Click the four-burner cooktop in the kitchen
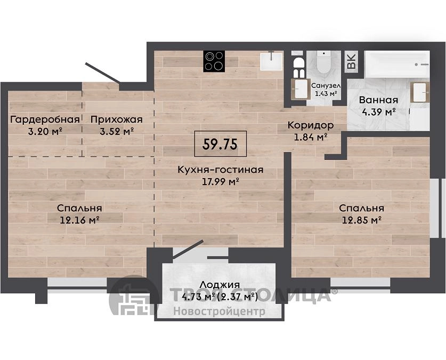pos(214,61)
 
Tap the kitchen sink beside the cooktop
pos(271,61)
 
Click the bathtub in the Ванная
pos(397,65)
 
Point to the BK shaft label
pos(352,62)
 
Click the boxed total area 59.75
pos(220,143)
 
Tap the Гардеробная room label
pos(45,119)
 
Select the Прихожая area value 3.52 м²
pos(117,132)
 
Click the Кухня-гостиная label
pos(221,170)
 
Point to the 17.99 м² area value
pos(220,181)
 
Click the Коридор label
pos(310,125)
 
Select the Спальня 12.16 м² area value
pos(79,220)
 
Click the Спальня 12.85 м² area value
pos(361,220)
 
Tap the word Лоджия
pos(220,285)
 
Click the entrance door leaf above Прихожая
pos(103,73)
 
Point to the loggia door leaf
pos(188,250)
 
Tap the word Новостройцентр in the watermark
pos(220,311)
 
